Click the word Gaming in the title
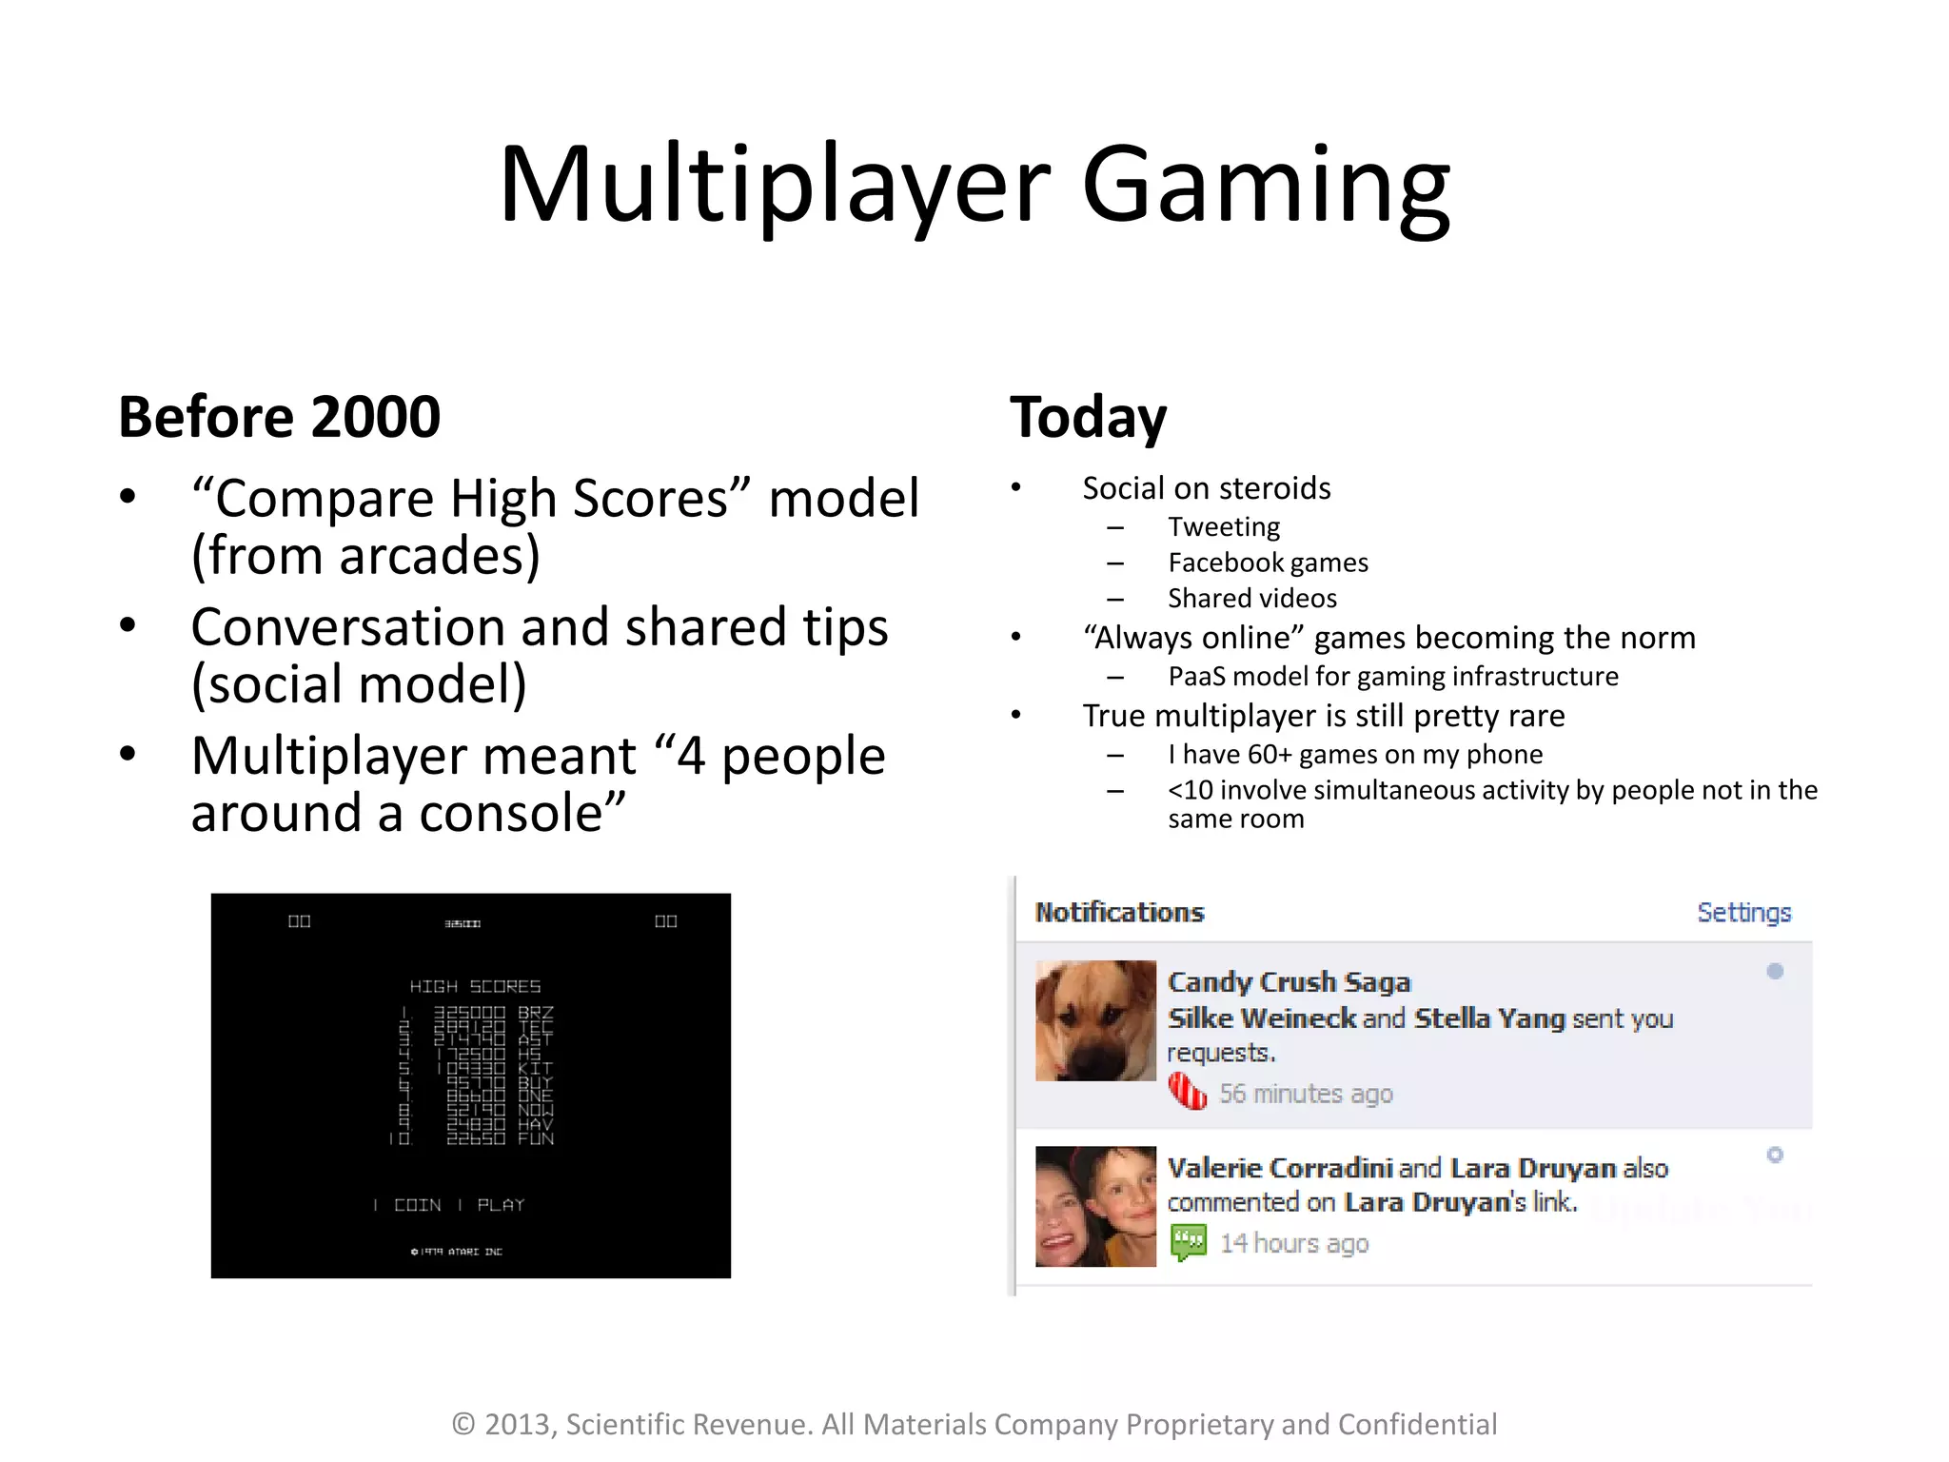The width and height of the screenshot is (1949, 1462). pos(1266,185)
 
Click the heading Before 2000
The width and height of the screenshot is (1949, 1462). pos(279,417)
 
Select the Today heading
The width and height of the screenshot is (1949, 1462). pos(1088,418)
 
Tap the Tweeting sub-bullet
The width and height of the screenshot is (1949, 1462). pos(1224,526)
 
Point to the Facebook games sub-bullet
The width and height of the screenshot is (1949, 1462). pos(1268,563)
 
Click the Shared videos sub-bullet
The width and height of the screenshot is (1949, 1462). pos(1252,598)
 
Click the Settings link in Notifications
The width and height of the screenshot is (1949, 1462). pos(1743,912)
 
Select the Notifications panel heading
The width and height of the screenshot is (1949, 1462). pos(1119,912)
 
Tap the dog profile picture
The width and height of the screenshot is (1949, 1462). pos(1095,1020)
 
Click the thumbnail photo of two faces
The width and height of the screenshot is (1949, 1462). pos(1095,1206)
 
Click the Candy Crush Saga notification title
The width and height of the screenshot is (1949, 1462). pos(1289,981)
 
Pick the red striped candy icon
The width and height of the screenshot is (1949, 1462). pos(1187,1092)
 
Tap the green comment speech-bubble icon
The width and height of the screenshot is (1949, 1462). pos(1188,1242)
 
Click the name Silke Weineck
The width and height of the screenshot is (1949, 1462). pos(1261,1018)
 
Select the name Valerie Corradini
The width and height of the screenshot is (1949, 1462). pos(1279,1168)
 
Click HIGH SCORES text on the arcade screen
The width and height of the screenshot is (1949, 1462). pos(475,986)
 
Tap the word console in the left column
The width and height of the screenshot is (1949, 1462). pos(510,813)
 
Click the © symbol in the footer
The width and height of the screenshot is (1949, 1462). pos(463,1424)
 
